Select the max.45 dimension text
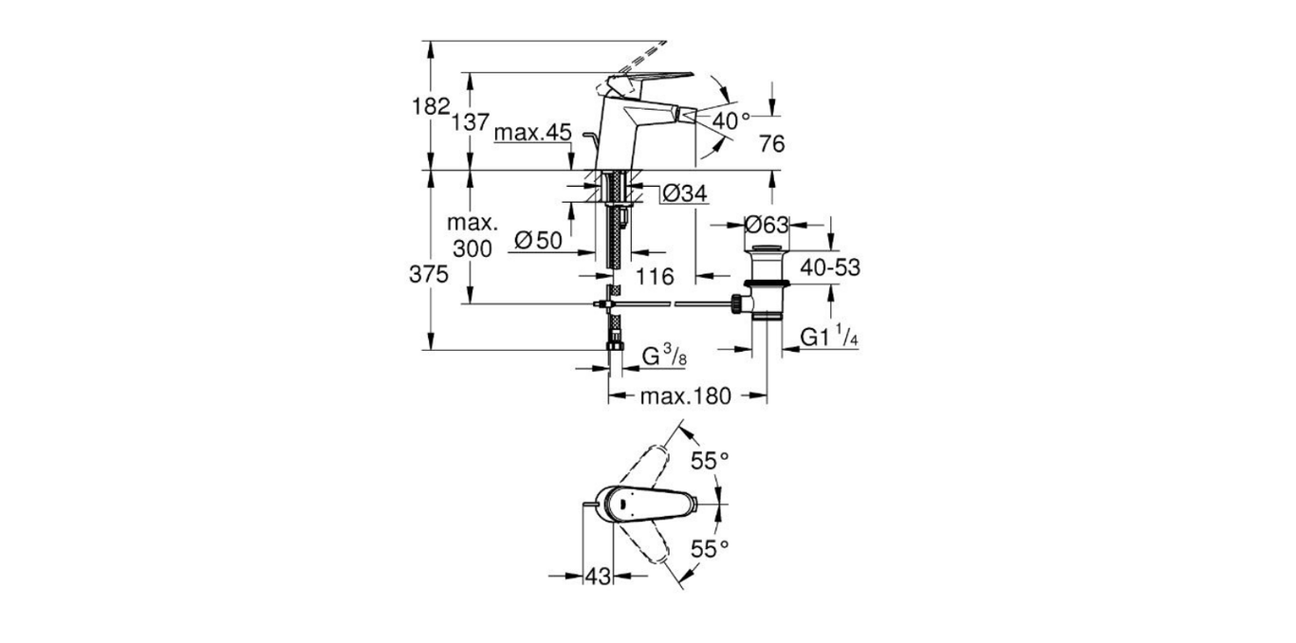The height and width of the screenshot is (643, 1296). pos(532,134)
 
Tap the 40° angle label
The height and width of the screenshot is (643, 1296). pos(731,120)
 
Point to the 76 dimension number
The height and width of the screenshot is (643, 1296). pos(772,143)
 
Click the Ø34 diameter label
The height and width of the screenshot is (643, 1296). pos(684,193)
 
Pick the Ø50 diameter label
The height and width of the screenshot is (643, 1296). pos(537,240)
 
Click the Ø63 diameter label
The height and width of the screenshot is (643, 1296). pos(767,225)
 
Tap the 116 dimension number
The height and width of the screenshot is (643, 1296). pos(655,277)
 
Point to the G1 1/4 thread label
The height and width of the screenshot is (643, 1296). pos(829,338)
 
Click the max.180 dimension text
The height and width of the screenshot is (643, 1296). pos(685,396)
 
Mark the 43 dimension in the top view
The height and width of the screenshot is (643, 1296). pos(598,576)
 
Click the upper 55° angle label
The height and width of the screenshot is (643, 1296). pos(710,461)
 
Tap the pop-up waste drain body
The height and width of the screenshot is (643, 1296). pos(767,285)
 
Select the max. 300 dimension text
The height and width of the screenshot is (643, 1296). pos(472,236)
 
